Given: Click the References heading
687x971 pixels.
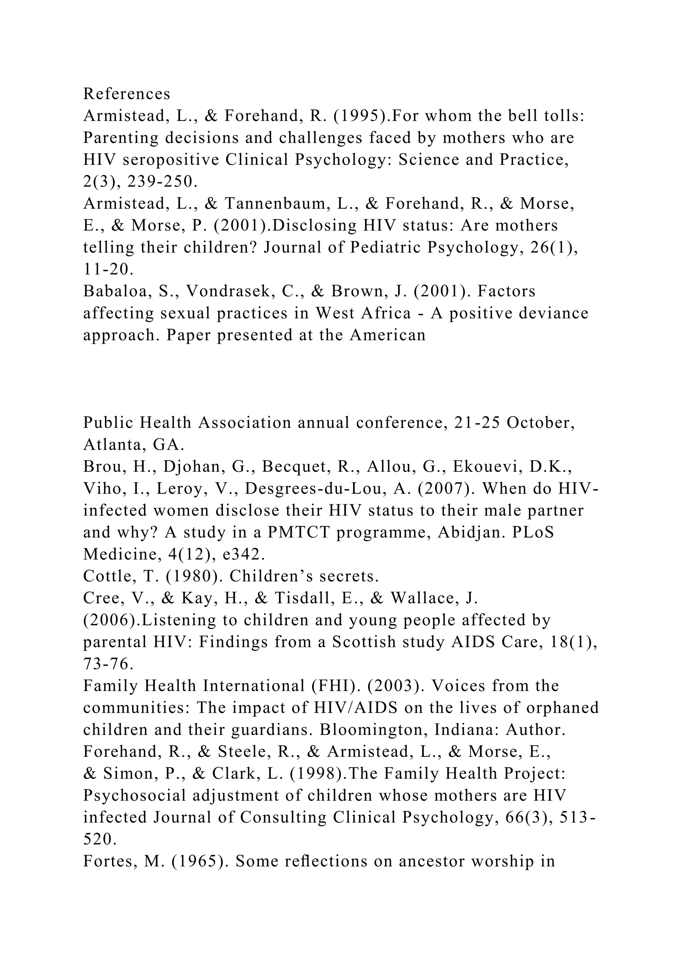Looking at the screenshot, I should click(x=126, y=94).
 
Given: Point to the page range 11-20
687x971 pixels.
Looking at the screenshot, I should click(x=108, y=269).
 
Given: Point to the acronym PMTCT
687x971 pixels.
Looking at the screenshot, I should click(x=298, y=532).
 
